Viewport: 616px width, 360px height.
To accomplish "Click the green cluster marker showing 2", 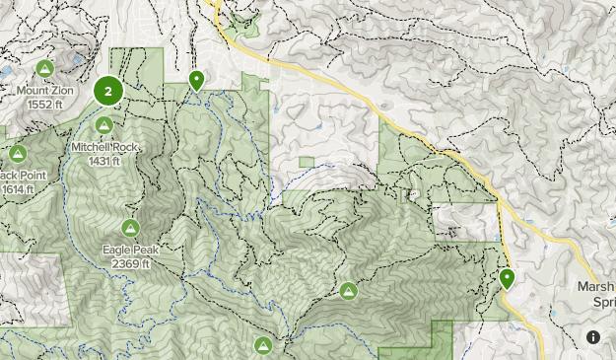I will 107,91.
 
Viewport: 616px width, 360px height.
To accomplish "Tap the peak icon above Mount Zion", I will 44,68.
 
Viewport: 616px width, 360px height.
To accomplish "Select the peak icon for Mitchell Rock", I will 103,125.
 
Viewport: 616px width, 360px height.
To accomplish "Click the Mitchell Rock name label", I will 103,147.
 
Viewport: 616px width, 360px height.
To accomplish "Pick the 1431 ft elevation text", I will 103,160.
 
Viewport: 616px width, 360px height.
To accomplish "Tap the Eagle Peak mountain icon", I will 130,228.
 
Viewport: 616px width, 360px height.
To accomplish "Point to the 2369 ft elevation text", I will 130,263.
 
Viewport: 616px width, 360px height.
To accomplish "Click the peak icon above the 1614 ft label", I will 17,153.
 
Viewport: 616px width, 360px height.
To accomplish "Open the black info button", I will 593,337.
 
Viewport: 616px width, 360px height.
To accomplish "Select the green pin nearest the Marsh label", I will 508,279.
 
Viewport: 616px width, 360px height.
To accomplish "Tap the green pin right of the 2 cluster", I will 197,81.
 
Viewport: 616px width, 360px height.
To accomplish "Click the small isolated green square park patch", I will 306,162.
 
